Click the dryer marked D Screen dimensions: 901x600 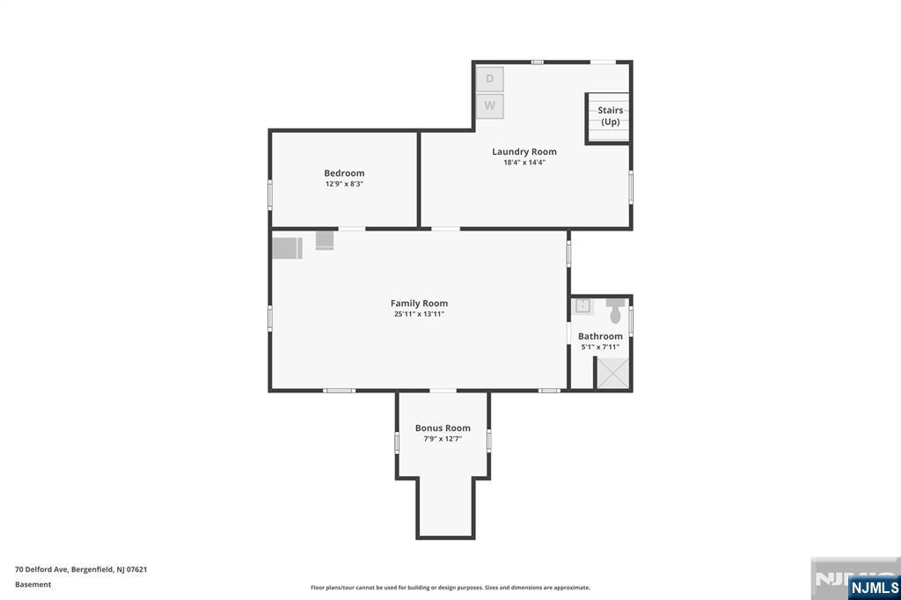pyautogui.click(x=489, y=78)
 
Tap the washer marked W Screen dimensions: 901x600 pyautogui.click(x=489, y=106)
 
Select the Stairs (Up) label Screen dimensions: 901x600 pyautogui.click(x=611, y=115)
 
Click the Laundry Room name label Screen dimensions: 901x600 pyautogui.click(x=524, y=151)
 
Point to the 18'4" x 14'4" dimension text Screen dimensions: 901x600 pyautogui.click(x=524, y=163)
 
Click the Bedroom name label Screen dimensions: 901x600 pyautogui.click(x=344, y=173)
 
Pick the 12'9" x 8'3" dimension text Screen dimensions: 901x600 pyautogui.click(x=344, y=184)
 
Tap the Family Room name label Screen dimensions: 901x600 pyautogui.click(x=419, y=304)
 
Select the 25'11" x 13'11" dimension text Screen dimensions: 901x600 pyautogui.click(x=419, y=314)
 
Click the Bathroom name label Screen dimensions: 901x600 pyautogui.click(x=600, y=336)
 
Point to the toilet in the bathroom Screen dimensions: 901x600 pyautogui.click(x=615, y=311)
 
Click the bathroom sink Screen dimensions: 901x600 pyautogui.click(x=582, y=306)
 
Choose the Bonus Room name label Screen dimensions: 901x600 pyautogui.click(x=443, y=428)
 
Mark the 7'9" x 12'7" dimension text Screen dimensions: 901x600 pyautogui.click(x=443, y=439)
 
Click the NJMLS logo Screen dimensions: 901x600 pyautogui.click(x=874, y=587)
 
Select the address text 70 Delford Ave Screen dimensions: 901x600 pyautogui.click(x=42, y=569)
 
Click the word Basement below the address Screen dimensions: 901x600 pyautogui.click(x=33, y=584)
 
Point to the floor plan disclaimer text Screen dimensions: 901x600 pyautogui.click(x=450, y=588)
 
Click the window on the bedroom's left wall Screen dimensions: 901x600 pyautogui.click(x=269, y=194)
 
